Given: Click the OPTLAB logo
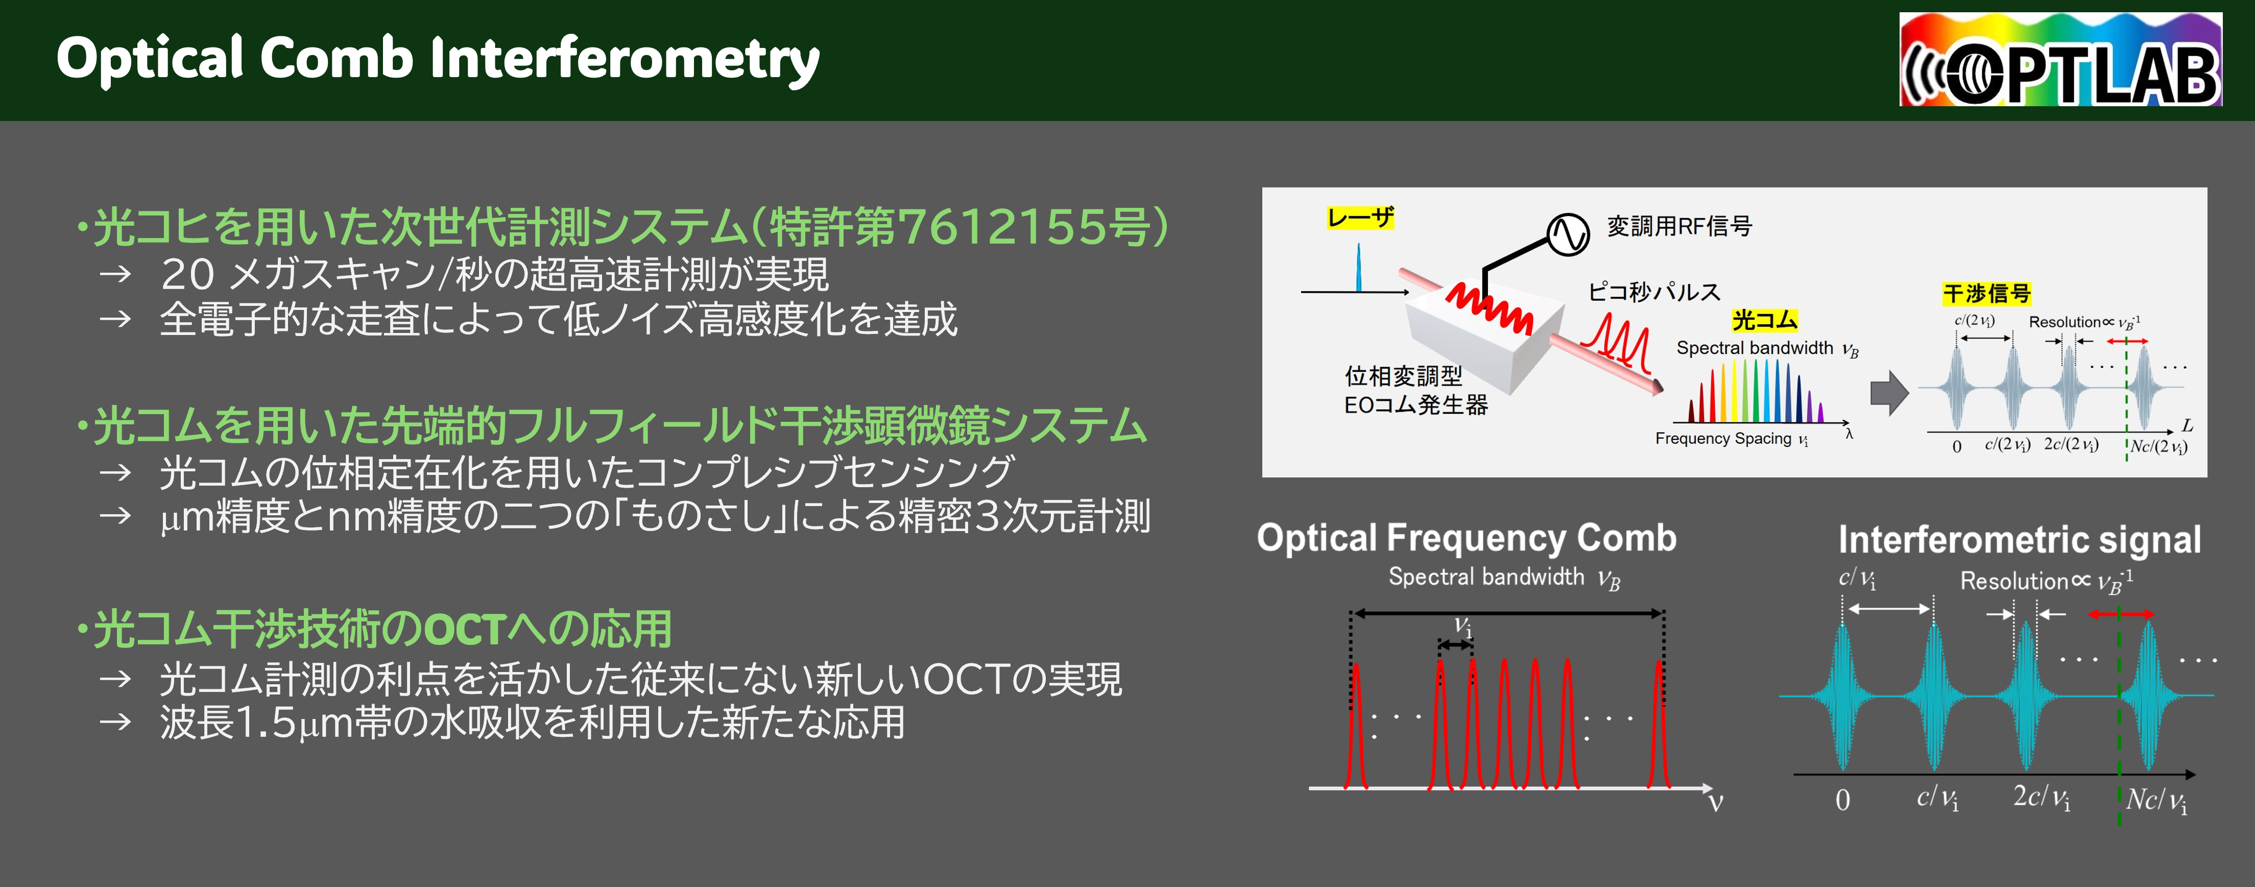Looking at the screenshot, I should pyautogui.click(x=2060, y=60).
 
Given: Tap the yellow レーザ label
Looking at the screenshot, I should pyautogui.click(x=1359, y=217).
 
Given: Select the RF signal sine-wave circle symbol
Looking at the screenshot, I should pyautogui.click(x=1567, y=234).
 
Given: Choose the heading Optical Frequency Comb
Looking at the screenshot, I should pyautogui.click(x=1466, y=538).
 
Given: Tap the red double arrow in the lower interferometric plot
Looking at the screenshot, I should pyautogui.click(x=2120, y=615).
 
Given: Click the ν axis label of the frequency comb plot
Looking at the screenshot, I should pyautogui.click(x=1716, y=802).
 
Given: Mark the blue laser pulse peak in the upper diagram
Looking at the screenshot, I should pyautogui.click(x=1359, y=262).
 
